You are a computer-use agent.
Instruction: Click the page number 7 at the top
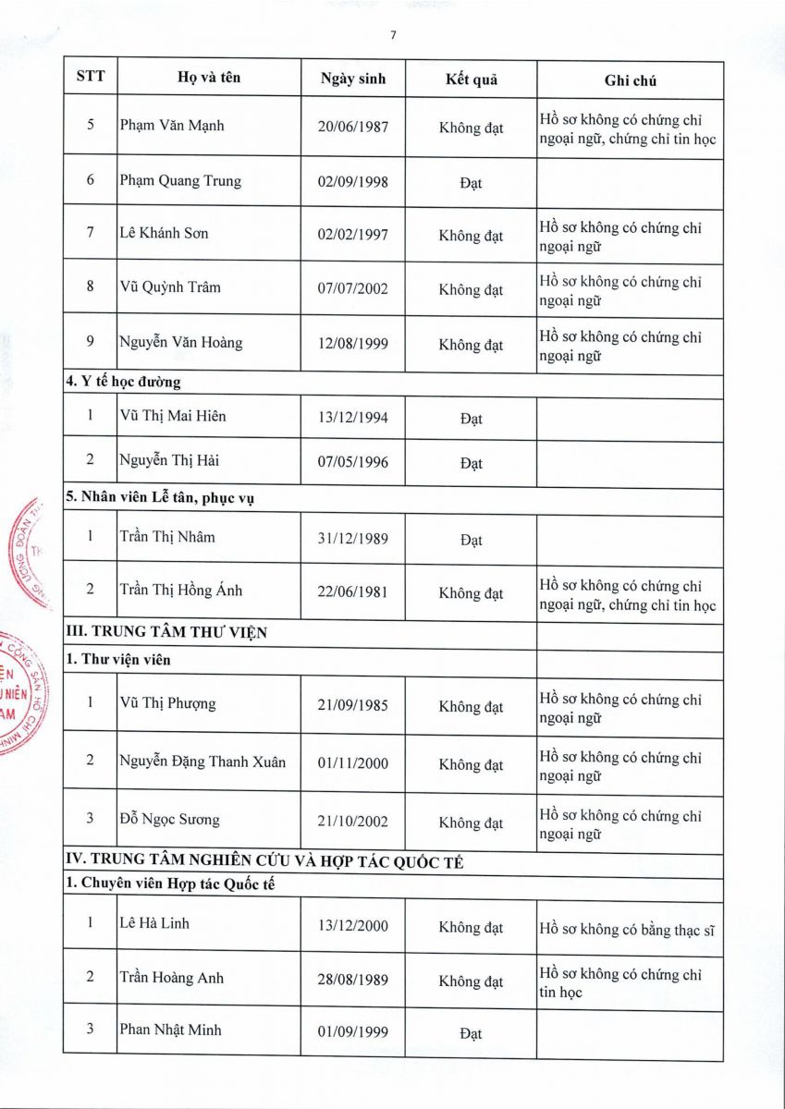pos(393,35)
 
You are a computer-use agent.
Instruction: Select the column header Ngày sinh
pos(353,79)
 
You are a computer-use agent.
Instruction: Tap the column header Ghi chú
pos(631,80)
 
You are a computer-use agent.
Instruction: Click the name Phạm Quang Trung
pos(180,180)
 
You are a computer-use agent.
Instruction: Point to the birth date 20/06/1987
pos(353,127)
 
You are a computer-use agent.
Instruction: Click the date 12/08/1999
pos(353,344)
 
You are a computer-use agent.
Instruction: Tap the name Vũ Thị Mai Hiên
pos(173,416)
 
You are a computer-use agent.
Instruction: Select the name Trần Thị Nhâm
pos(167,536)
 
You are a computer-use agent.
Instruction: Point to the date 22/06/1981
pos(353,591)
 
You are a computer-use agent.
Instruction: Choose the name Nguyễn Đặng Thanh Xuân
pos(202,762)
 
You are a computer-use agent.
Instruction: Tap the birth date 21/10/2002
pos(353,821)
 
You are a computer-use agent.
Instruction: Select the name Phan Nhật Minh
pos(171,1029)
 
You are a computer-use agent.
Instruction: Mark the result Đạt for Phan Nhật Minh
pos(471,1033)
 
